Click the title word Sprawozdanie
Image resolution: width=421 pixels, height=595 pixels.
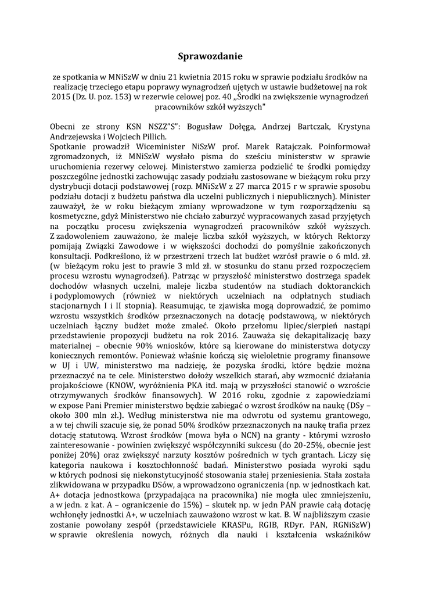210,56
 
